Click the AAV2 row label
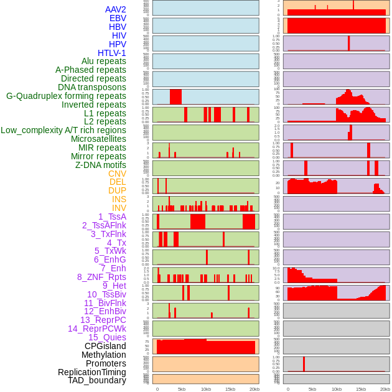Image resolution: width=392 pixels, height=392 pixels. (x=116, y=9)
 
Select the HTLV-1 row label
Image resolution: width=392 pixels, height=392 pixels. (x=112, y=53)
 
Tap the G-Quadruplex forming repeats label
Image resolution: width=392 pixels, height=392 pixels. (x=66, y=96)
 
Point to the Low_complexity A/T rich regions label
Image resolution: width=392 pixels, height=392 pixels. (x=63, y=130)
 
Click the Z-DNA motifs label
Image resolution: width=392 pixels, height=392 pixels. (x=101, y=165)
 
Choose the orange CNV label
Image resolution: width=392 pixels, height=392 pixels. (x=117, y=174)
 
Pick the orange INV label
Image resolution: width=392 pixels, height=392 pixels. (x=119, y=208)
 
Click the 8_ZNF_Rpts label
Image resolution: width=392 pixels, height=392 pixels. (x=101, y=277)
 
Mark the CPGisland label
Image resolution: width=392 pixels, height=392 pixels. (x=105, y=346)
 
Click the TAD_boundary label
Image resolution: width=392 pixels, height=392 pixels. (x=97, y=380)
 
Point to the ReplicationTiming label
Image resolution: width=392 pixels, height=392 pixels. (x=92, y=372)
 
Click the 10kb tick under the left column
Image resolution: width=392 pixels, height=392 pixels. (x=206, y=389)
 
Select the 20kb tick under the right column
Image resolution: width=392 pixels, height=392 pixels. (x=385, y=389)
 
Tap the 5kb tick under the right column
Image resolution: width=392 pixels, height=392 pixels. (x=312, y=389)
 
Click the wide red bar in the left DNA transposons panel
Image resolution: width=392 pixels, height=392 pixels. (x=176, y=97)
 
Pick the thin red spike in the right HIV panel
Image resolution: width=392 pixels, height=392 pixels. (x=348, y=43)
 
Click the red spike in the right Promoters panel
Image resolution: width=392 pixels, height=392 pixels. (x=304, y=364)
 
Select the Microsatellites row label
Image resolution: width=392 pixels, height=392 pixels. (x=98, y=139)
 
